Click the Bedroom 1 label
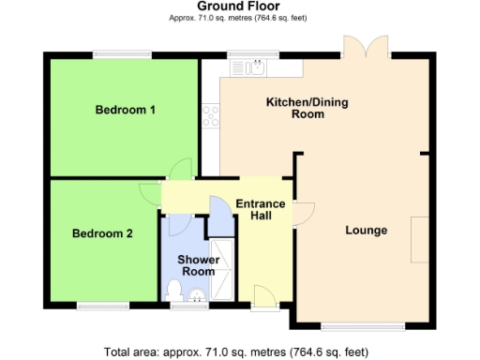(x=125, y=110)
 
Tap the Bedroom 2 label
(x=102, y=234)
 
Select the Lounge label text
(x=366, y=231)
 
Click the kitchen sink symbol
(x=255, y=67)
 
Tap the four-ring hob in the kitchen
(x=211, y=116)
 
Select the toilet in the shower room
(x=197, y=298)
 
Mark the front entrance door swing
(x=263, y=294)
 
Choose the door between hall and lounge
(x=302, y=214)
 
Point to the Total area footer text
(x=236, y=352)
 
